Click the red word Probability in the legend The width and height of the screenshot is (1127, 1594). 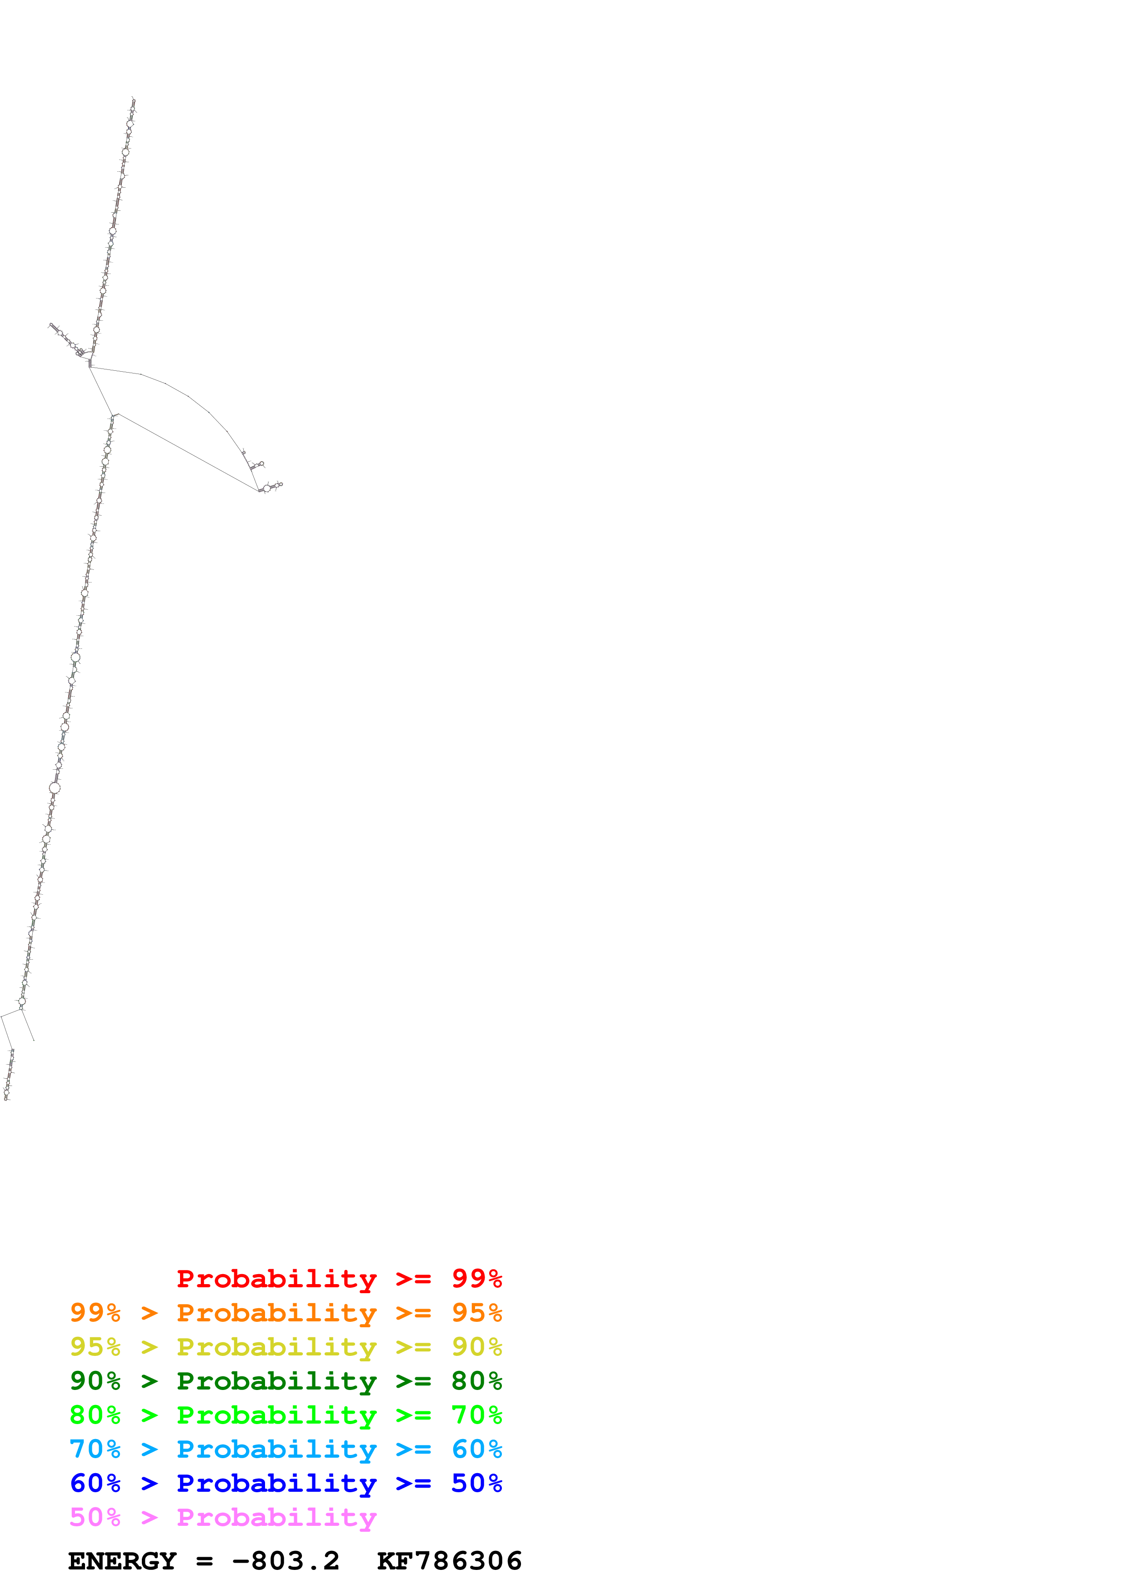(x=276, y=1279)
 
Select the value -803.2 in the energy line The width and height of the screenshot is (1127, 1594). (x=286, y=1561)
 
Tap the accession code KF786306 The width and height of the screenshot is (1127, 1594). (x=449, y=1561)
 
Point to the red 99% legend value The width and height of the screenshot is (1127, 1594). (x=476, y=1279)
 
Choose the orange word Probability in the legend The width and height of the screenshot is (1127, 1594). (x=276, y=1313)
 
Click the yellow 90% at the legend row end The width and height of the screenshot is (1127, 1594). (x=476, y=1347)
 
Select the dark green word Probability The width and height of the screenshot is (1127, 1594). (x=276, y=1381)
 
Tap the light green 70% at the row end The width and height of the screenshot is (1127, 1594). (x=476, y=1415)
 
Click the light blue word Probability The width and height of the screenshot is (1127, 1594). (x=276, y=1449)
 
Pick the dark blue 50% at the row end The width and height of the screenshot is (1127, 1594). (x=476, y=1483)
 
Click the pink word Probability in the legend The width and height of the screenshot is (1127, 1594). (x=276, y=1518)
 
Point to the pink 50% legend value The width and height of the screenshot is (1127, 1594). (x=95, y=1518)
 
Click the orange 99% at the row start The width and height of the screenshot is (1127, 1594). (x=95, y=1313)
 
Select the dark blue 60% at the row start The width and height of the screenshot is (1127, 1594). (x=95, y=1483)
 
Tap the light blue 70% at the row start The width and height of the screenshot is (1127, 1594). (x=95, y=1449)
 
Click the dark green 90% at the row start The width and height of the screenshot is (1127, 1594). (x=95, y=1381)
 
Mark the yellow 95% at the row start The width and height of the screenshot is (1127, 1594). (x=95, y=1347)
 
